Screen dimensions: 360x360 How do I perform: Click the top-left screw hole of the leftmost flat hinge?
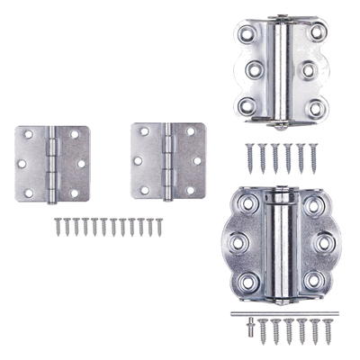[x=27, y=135]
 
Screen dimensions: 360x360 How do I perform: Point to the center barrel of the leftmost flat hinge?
[x=53, y=163]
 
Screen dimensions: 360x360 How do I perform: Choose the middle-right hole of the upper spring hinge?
[x=310, y=68]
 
